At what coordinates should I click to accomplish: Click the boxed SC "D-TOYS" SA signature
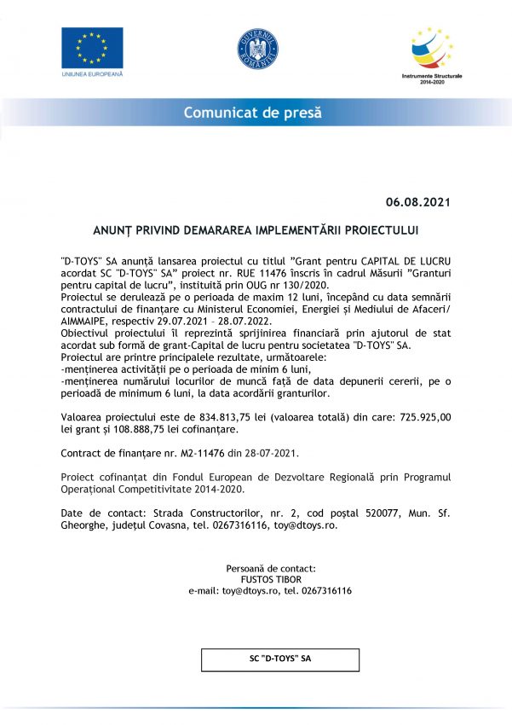(x=274, y=658)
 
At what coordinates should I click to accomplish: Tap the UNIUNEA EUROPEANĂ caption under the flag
(x=91, y=74)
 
